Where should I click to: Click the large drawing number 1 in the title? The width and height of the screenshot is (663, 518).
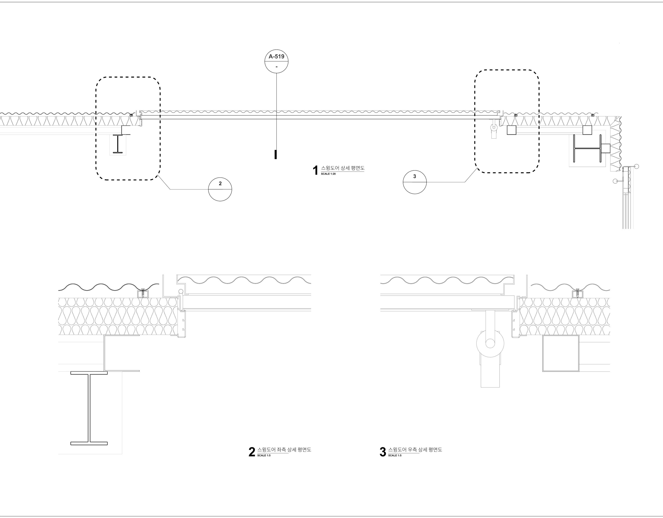315,170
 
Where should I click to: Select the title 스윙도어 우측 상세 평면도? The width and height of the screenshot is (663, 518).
415,450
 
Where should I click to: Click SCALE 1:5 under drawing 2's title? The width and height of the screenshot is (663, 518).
264,455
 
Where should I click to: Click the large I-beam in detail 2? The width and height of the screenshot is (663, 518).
89,408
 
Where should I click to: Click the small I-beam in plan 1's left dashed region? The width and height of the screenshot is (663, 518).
118,144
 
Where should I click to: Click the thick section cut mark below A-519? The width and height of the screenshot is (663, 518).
276,155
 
